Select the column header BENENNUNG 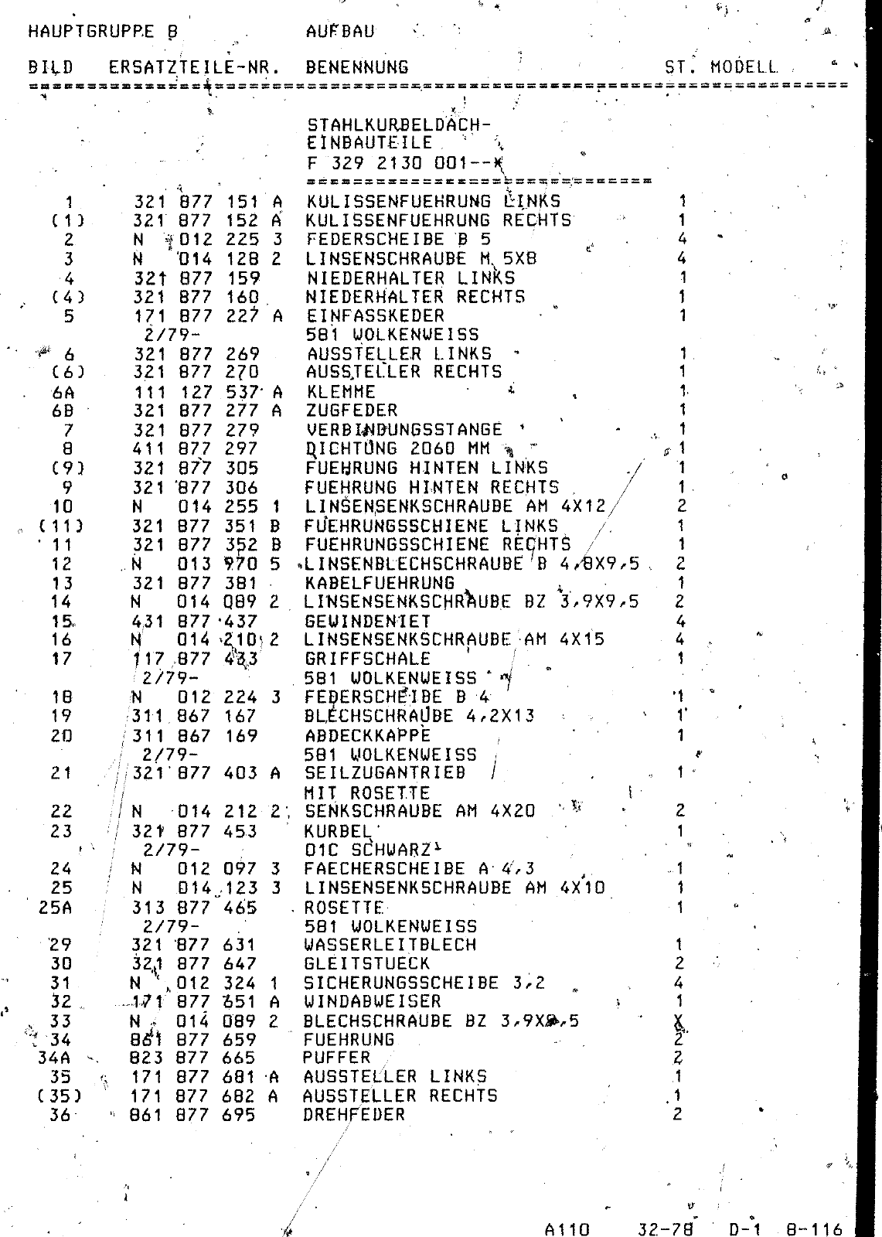click(356, 67)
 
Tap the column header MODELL click(744, 67)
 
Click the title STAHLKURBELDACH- click(399, 124)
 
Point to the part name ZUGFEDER click(352, 411)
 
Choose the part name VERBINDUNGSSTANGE click(404, 430)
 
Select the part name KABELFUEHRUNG click(380, 583)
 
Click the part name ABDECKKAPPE click(367, 735)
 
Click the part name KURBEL click(338, 831)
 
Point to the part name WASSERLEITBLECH click(390, 945)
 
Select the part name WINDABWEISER click(373, 1002)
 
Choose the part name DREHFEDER click(354, 1115)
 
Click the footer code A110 click(567, 1229)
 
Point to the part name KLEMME click(341, 392)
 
